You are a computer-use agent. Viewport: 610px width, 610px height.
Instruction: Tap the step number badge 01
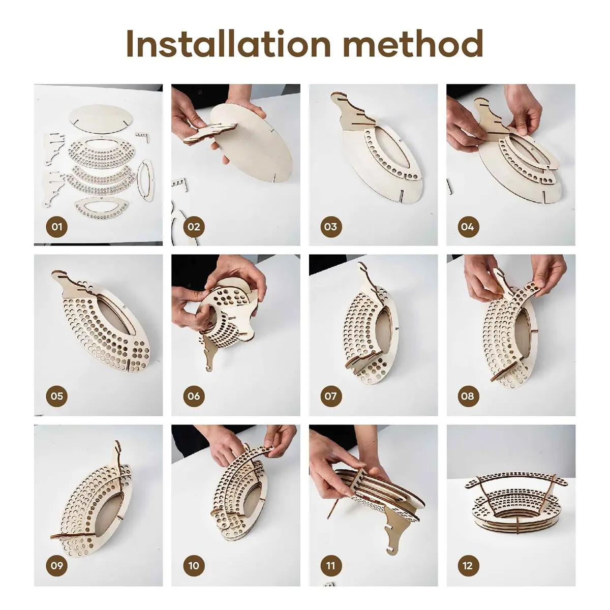click(56, 227)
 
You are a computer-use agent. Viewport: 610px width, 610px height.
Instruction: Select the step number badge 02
click(194, 227)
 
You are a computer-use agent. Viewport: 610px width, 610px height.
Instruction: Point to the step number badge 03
click(331, 227)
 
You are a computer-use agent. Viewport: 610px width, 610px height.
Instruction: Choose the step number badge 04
click(468, 227)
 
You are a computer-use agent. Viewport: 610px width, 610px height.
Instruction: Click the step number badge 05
click(56, 396)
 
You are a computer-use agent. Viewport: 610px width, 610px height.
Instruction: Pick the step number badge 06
click(194, 396)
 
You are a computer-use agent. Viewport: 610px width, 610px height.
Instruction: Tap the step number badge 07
click(331, 396)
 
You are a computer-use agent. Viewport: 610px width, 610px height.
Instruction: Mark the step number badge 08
click(468, 396)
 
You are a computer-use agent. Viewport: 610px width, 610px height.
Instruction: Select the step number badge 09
click(56, 565)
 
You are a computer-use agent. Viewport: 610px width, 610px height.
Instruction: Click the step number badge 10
click(194, 565)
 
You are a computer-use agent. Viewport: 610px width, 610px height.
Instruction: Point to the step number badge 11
click(331, 565)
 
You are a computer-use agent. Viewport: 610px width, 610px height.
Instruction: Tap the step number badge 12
click(468, 565)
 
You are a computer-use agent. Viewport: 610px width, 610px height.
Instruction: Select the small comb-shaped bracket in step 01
click(143, 137)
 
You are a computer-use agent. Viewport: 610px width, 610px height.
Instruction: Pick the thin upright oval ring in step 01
click(145, 180)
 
